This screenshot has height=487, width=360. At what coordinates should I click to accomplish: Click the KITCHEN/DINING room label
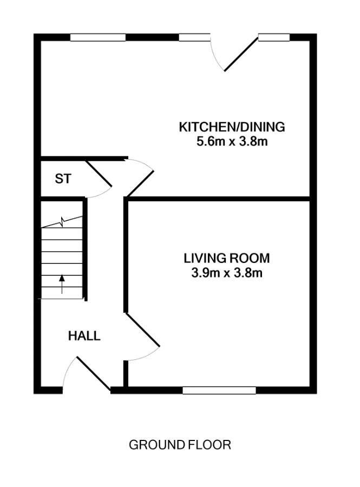click(x=232, y=127)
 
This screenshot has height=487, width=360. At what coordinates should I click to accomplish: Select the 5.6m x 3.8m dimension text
click(x=232, y=142)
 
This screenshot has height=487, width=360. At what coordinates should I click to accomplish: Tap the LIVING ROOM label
click(x=227, y=258)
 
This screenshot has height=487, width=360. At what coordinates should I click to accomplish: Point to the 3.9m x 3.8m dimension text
click(x=227, y=273)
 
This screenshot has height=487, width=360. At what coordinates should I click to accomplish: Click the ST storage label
click(x=63, y=179)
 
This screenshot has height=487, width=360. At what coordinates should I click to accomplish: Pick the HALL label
click(x=84, y=335)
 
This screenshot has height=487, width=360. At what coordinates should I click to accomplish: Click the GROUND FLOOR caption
click(x=180, y=445)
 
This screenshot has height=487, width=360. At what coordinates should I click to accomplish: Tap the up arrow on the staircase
click(x=62, y=284)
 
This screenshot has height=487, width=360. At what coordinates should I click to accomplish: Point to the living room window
click(x=219, y=390)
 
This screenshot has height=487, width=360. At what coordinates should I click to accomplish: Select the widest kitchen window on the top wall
click(x=98, y=37)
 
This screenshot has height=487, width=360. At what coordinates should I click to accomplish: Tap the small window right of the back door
click(x=274, y=37)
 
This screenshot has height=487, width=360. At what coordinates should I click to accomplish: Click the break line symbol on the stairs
click(x=62, y=222)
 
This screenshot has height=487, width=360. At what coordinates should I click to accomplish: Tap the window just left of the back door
click(x=195, y=37)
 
